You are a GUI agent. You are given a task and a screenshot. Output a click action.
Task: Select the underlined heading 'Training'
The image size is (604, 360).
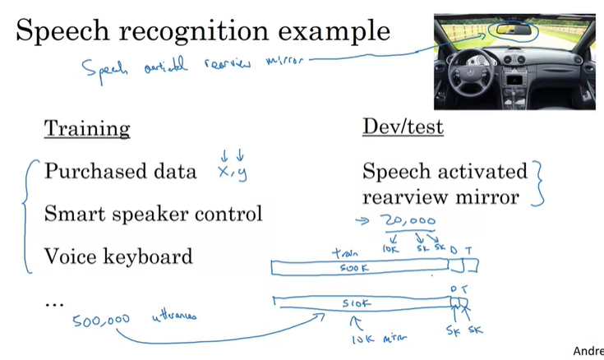[86, 128]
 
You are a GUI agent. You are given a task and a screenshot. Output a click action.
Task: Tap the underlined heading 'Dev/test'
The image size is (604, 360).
[403, 127]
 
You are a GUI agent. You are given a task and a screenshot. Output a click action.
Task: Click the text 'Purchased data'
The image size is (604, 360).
[120, 171]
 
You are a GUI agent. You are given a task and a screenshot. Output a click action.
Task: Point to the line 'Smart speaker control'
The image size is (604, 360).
[153, 214]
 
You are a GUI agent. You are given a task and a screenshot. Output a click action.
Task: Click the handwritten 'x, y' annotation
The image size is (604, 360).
[232, 171]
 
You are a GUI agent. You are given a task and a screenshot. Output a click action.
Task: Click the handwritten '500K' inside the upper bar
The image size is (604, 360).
[357, 268]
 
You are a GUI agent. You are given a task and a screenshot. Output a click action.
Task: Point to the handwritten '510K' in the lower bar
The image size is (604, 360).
[357, 302]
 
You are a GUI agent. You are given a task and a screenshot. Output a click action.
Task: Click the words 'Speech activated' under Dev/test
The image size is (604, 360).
[444, 171]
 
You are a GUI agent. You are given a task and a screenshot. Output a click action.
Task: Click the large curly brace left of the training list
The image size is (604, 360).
[31, 215]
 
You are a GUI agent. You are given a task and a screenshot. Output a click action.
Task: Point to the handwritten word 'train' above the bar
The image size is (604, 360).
[344, 253]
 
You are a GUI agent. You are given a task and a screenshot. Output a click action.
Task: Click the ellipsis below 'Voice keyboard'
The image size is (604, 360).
[53, 303]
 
